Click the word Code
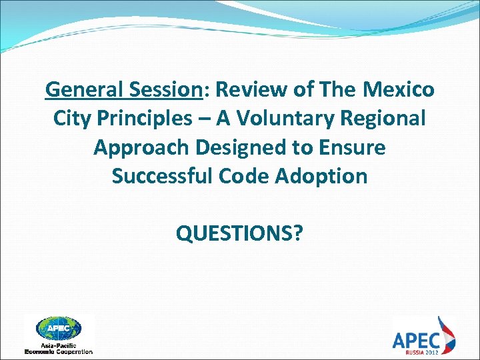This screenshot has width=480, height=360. coord(249,176)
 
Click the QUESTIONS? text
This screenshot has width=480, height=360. coord(239,233)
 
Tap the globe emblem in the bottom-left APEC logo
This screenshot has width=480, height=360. coord(59,329)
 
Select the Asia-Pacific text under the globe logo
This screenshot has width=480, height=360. coord(59,345)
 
